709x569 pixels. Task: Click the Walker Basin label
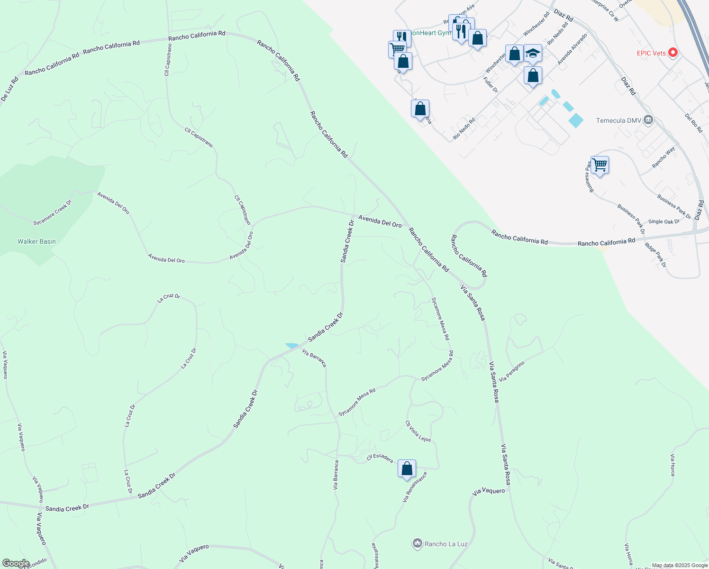point(36,241)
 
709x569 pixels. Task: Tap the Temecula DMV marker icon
point(649,120)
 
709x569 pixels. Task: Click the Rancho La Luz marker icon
point(417,543)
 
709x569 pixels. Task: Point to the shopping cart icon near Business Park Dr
point(600,165)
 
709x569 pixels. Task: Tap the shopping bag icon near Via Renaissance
point(407,469)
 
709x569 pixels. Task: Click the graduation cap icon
point(533,53)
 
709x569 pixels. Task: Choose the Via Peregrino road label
point(512,371)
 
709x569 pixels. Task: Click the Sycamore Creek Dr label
point(53,212)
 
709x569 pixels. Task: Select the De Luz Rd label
point(9,89)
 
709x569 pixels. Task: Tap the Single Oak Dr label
point(664,221)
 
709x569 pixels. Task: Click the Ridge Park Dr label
point(655,255)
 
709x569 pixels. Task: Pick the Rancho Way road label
point(664,157)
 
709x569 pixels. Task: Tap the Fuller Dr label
point(491,84)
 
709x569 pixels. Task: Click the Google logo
point(16,563)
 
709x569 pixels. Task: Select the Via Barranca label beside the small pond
point(314,358)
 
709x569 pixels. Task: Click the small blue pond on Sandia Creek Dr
point(292,346)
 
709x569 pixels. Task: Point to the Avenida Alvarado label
point(572,49)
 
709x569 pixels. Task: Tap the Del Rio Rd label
point(693,123)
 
